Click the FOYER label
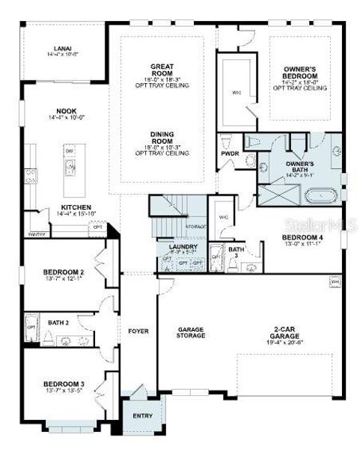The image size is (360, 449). click(x=138, y=330)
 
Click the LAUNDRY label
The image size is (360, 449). click(x=183, y=247)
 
